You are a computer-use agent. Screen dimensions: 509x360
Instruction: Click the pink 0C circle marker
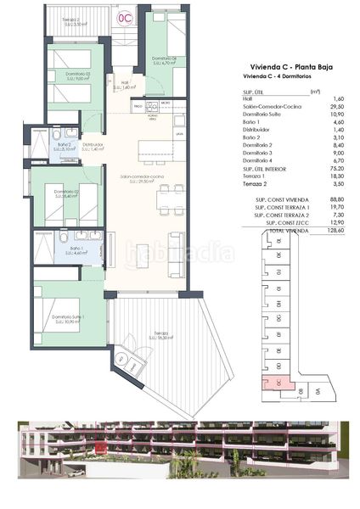[x=124, y=16]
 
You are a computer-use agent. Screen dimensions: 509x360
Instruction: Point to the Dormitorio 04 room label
[x=164, y=59]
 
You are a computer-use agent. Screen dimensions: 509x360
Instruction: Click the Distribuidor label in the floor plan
[x=93, y=146]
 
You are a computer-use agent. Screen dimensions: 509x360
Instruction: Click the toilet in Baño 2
[x=56, y=135]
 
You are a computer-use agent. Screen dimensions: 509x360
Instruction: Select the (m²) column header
[x=315, y=91]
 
